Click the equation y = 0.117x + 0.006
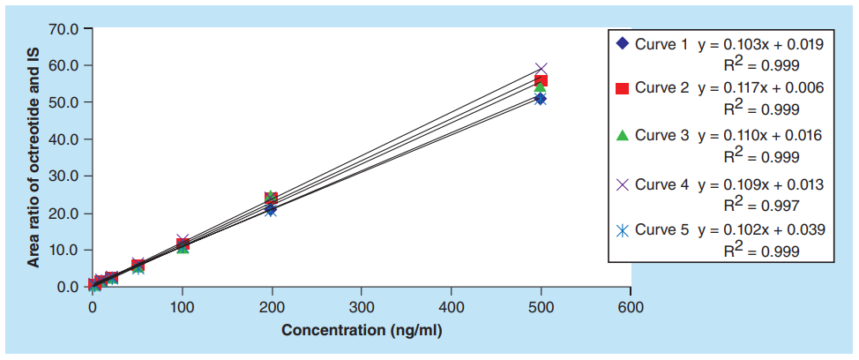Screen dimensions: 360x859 coord(761,88)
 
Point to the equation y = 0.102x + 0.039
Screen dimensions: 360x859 coord(761,229)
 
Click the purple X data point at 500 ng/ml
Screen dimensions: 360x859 coord(541,69)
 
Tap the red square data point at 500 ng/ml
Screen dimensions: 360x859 coord(541,80)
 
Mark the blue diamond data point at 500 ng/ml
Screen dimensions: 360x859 coord(540,99)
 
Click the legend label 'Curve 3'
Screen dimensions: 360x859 coord(661,135)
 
